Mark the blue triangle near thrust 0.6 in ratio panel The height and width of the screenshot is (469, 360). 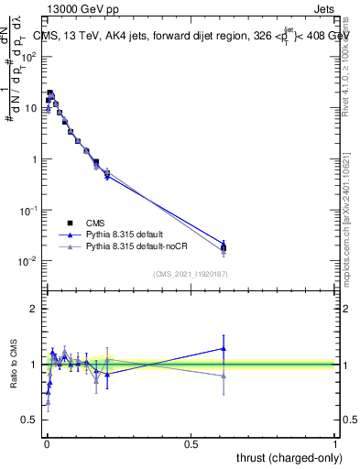(224, 348)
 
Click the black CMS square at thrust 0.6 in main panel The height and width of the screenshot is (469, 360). (224, 247)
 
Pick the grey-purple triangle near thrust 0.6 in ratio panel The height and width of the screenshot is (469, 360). (224, 376)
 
